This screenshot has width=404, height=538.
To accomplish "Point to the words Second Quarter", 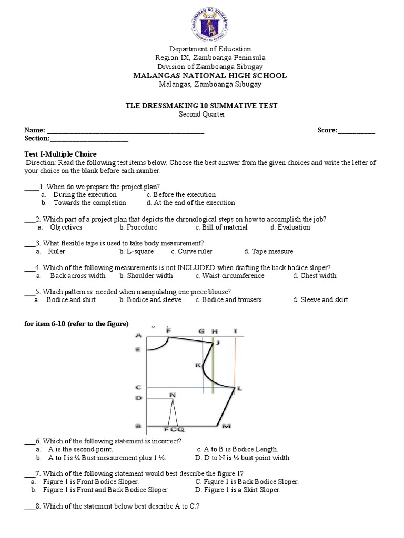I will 203,114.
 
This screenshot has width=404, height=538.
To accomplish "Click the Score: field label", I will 327,130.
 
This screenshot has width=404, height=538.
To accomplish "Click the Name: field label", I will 34,130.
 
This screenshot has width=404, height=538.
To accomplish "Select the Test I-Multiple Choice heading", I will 60,154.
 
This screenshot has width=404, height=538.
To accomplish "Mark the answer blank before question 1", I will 31,187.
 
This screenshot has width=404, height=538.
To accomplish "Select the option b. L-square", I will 138,252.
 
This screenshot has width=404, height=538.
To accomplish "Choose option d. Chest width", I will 315,276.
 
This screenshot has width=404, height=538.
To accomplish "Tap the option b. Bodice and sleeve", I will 150,300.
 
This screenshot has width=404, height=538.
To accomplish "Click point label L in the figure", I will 239,389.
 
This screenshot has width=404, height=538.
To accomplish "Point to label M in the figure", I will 227,426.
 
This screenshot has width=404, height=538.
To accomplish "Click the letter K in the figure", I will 198,365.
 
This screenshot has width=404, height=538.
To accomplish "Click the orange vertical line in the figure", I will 235,363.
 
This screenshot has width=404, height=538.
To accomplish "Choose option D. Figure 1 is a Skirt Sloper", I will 237,490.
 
